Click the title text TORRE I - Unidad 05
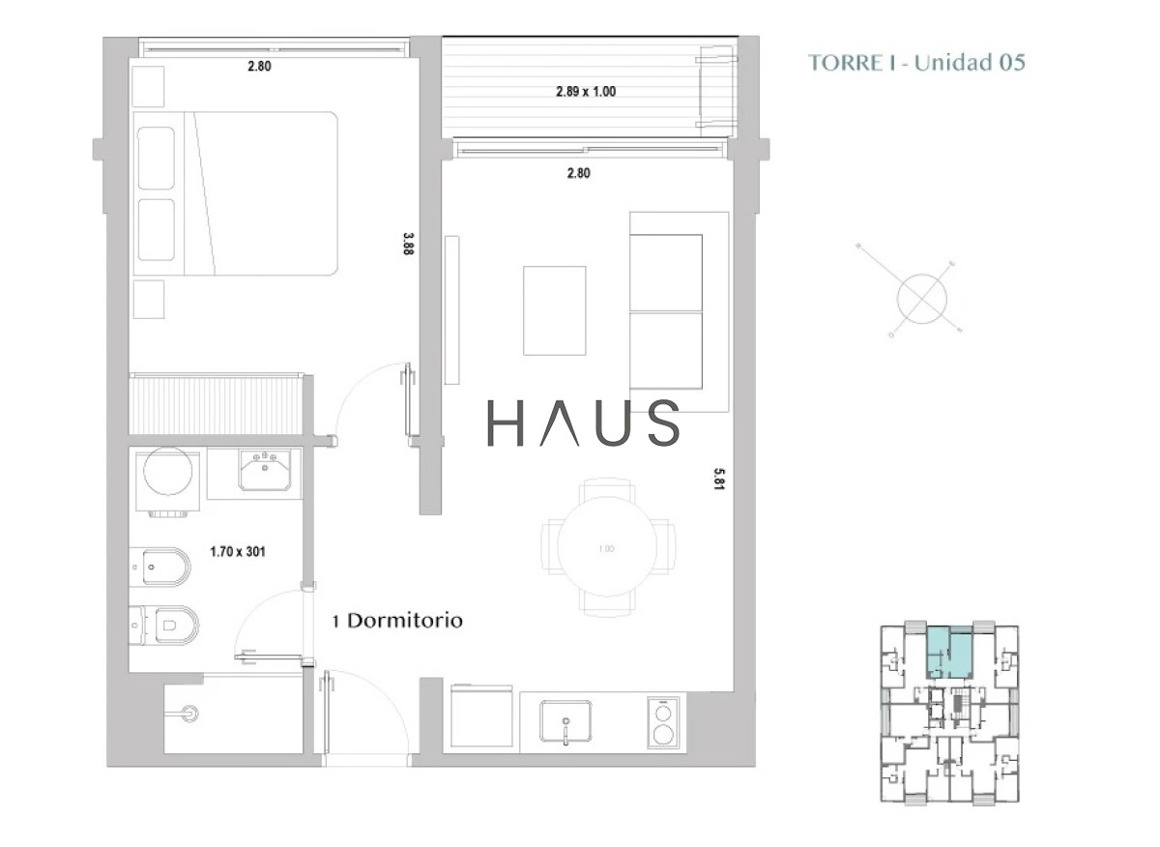(916, 63)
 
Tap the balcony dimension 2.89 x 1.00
(586, 92)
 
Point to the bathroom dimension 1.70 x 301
(238, 551)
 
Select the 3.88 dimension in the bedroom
(408, 244)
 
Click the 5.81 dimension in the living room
(719, 479)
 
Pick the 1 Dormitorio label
(397, 621)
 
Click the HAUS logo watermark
(583, 423)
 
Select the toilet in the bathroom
(164, 625)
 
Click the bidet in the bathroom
(160, 567)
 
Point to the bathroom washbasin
(265, 470)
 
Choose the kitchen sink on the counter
(565, 720)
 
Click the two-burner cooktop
(663, 722)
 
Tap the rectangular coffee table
(555, 310)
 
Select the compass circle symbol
(922, 299)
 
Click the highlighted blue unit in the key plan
(948, 653)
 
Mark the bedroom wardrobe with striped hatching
(216, 404)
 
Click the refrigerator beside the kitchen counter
(481, 716)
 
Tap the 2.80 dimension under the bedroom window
(259, 67)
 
